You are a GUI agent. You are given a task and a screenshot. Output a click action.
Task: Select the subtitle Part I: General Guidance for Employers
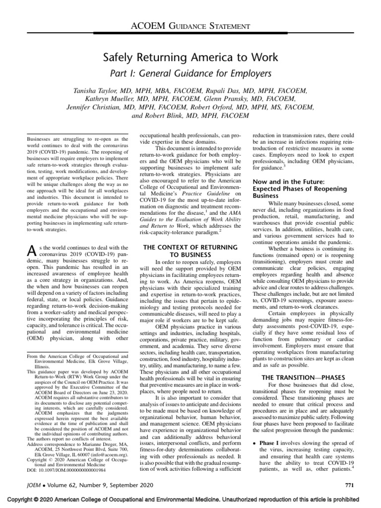[x=190, y=73]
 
